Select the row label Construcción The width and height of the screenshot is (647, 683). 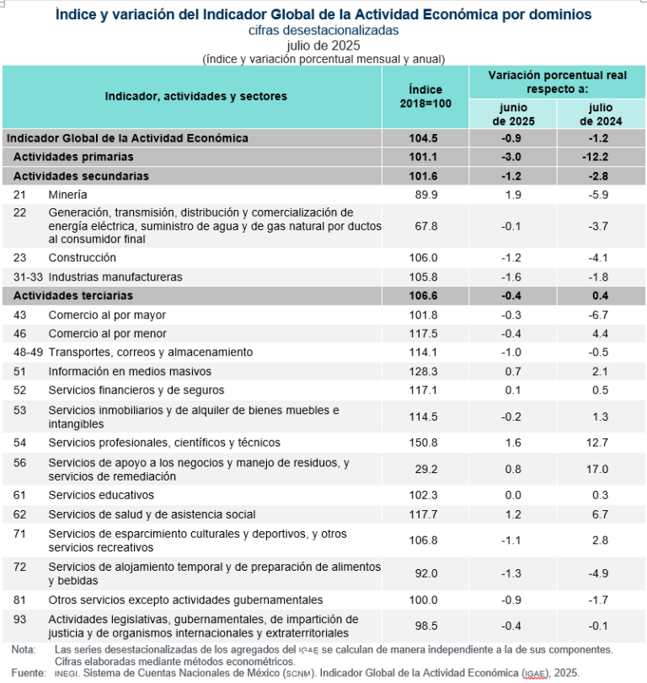click(x=82, y=257)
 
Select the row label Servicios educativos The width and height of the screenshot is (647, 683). click(x=101, y=495)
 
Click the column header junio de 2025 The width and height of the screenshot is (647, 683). click(x=514, y=114)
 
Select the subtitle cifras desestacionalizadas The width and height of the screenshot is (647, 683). click(x=323, y=30)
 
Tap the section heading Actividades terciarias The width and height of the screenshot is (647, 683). click(x=72, y=296)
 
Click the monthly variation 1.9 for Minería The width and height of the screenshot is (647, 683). click(x=514, y=195)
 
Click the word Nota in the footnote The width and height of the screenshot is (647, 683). click(x=24, y=649)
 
